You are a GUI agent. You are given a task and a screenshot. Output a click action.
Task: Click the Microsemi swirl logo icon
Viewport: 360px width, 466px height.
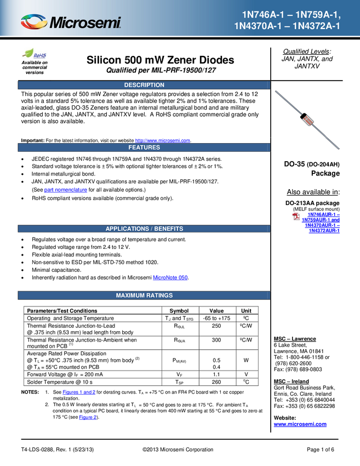coord(34,22)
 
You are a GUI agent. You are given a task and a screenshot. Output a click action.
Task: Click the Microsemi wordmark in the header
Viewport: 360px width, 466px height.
coord(85,23)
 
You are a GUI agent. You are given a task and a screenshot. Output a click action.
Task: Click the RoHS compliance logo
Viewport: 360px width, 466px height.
coord(35,54)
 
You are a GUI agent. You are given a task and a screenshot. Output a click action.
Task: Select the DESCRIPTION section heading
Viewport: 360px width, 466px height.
coord(144,85)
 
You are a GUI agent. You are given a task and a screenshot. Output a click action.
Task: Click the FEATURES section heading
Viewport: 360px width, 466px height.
coord(144,147)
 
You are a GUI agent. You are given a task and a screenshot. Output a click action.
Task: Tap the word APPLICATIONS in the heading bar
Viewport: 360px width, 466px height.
coord(127,229)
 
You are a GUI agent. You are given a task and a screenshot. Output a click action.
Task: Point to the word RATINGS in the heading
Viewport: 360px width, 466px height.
coord(160,295)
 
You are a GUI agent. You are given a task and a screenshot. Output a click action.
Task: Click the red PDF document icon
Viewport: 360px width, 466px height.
coord(296,217)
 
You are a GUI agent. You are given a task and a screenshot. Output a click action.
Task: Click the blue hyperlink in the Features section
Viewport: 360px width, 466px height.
coord(65,190)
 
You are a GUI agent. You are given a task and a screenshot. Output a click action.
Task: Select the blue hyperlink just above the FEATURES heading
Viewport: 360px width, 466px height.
coord(163,140)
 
